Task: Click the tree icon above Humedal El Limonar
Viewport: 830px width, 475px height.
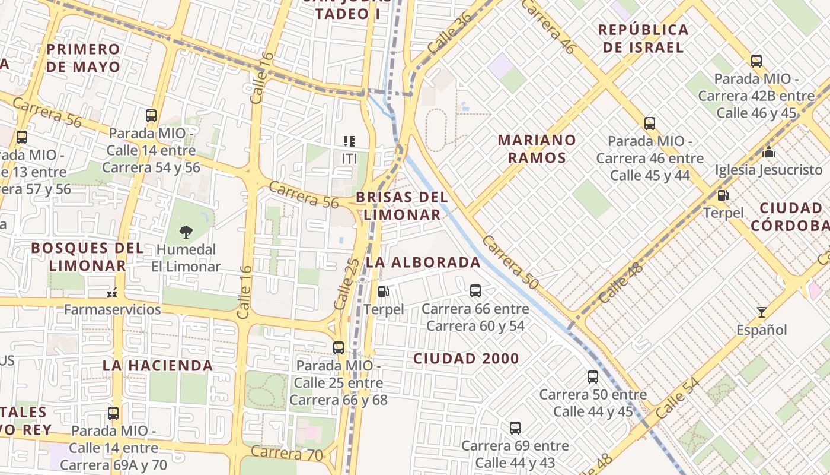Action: tap(186, 232)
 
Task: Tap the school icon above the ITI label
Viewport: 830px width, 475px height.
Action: tap(349, 141)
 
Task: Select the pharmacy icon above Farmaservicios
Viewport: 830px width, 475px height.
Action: tap(111, 292)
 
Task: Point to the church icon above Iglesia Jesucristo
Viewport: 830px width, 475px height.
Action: tap(769, 152)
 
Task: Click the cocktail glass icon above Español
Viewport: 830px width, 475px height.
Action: tap(761, 312)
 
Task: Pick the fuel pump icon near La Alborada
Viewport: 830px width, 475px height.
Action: tap(384, 292)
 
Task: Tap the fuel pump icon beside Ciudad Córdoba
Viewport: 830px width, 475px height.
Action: tap(723, 195)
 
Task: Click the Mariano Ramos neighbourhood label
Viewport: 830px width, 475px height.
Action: tap(537, 148)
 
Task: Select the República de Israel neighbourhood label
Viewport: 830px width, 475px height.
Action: tap(643, 38)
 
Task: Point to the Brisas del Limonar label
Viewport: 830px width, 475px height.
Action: tap(402, 205)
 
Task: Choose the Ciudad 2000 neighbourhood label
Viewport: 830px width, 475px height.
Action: tap(466, 359)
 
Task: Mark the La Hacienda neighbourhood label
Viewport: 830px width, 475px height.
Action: tap(158, 365)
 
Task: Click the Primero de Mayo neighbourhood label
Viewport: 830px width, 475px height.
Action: tap(83, 58)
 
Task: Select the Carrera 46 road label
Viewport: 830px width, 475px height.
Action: tap(548, 27)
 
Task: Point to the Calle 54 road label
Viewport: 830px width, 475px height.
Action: tap(678, 397)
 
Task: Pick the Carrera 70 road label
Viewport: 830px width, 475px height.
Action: tap(287, 453)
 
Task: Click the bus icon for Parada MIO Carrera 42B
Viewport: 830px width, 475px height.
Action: tap(756, 61)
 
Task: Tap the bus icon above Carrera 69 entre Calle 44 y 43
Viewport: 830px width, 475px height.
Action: tap(515, 427)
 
